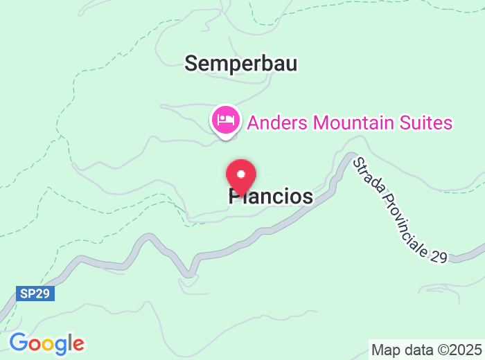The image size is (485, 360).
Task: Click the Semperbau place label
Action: (x=240, y=64)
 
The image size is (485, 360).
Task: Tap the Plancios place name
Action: (x=271, y=197)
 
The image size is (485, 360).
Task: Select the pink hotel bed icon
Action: (x=225, y=120)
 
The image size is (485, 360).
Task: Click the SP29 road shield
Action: (x=35, y=294)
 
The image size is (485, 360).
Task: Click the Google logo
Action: (x=46, y=343)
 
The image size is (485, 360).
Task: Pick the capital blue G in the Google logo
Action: (x=19, y=343)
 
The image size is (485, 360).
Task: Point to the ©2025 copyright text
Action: (x=458, y=349)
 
